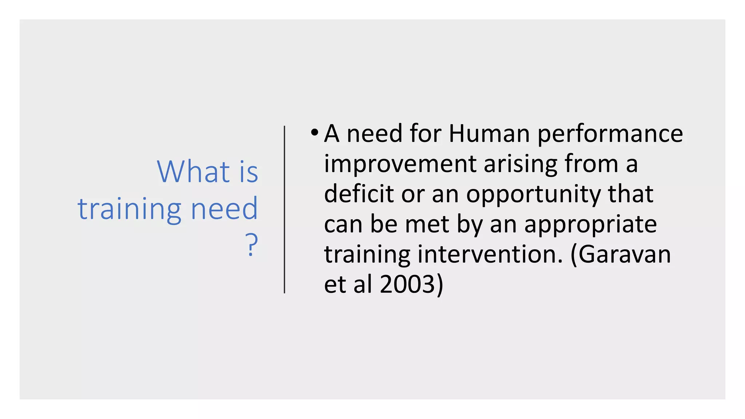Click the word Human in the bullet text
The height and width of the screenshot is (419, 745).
pyautogui.click(x=489, y=133)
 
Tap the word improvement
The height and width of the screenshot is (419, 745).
pyautogui.click(x=400, y=164)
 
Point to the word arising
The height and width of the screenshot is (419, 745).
pyautogui.click(x=520, y=164)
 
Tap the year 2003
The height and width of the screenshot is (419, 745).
pyautogui.click(x=407, y=284)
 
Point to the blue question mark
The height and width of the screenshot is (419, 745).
pyautogui.click(x=251, y=244)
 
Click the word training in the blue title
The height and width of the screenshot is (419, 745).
pyautogui.click(x=129, y=209)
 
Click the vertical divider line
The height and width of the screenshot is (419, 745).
pyautogui.click(x=284, y=209)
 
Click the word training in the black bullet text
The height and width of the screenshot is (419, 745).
pyautogui.click(x=367, y=255)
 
